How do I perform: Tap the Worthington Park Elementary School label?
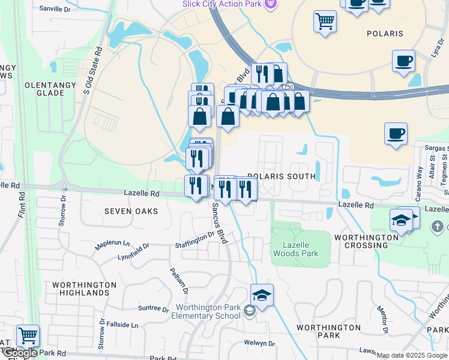click(208, 311)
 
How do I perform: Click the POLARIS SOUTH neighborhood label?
click(281, 176)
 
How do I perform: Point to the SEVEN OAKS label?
click(131, 211)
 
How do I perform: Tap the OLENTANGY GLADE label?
click(44, 89)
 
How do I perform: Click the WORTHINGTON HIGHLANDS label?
click(84, 289)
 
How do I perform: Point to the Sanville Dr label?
click(55, 9)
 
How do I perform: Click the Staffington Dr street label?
click(194, 240)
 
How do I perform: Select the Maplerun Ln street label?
click(112, 245)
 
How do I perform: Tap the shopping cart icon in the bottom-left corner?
click(28, 335)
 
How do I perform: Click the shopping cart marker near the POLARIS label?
click(325, 22)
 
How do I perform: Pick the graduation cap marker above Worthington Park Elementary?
click(262, 295)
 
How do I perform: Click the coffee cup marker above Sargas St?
click(396, 134)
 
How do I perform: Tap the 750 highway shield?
click(289, 88)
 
